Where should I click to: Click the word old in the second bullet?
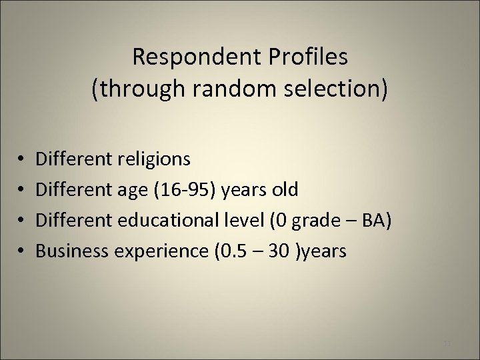pos(285,190)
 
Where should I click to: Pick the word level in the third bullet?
pos(269,220)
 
